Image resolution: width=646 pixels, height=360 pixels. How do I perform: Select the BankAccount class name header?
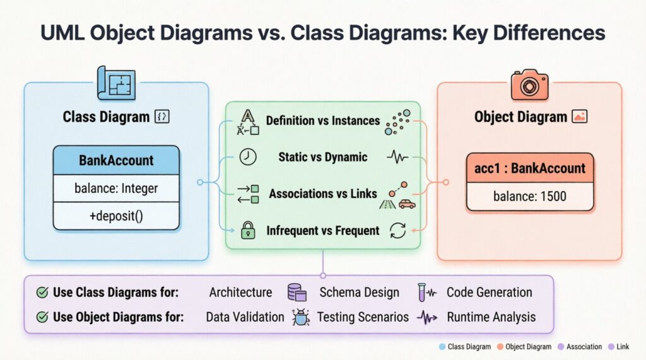(x=116, y=160)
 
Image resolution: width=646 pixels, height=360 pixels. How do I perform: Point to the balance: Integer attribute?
(x=116, y=188)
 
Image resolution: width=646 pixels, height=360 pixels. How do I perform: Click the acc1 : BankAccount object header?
(x=530, y=168)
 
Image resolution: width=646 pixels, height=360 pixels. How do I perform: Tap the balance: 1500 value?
(x=530, y=196)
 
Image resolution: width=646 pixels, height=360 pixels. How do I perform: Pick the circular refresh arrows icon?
(x=398, y=230)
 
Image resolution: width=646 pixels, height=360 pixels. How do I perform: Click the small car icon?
(x=407, y=204)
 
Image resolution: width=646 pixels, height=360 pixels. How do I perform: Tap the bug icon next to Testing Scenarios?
(x=300, y=317)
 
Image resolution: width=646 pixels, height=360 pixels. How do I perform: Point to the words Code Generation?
(x=489, y=292)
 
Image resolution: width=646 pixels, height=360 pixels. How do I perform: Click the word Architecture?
(x=240, y=292)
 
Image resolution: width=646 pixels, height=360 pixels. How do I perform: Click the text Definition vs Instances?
(x=323, y=120)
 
